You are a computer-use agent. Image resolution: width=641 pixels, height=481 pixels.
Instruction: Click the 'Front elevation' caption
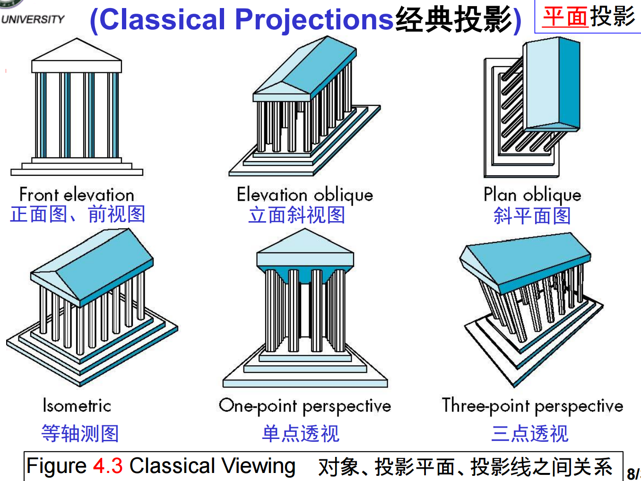coord(77,195)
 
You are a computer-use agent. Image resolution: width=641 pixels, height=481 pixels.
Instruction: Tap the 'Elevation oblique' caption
coord(305,195)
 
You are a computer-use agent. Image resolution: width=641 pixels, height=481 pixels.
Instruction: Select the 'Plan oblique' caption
coord(532,195)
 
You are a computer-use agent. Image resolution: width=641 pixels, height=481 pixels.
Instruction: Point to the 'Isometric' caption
coord(77,405)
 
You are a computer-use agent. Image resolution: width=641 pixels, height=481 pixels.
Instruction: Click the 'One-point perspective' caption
coord(305,405)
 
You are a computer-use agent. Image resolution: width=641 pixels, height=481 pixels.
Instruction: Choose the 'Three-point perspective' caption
coord(532,405)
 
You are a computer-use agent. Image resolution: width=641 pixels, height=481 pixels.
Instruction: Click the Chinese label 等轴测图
coord(80,433)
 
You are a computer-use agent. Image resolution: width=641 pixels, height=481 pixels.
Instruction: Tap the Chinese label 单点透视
coord(301,433)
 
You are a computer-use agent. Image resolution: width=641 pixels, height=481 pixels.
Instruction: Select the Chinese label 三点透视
coord(529,433)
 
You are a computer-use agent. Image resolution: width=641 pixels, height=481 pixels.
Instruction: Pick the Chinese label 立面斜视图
coord(297,215)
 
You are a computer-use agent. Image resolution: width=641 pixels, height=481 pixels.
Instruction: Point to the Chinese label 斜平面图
coord(532,215)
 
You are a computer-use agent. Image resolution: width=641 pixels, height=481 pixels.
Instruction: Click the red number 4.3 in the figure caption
coord(108,466)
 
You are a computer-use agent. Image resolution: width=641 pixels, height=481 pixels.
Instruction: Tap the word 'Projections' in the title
coord(314,20)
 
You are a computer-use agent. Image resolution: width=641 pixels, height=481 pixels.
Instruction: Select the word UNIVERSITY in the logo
coord(33,19)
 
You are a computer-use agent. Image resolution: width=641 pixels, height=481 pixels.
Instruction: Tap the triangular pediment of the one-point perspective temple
coord(305,242)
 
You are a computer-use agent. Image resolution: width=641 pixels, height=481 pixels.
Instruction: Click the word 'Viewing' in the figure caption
coord(259,466)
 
